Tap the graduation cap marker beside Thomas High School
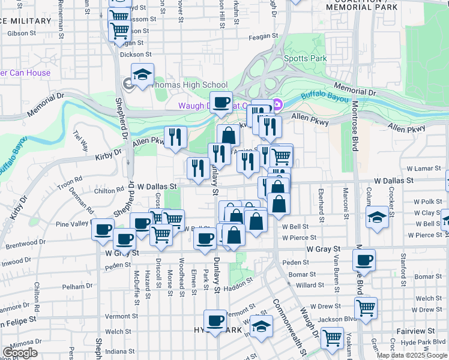[x=143, y=75]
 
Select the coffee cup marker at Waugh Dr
[x=221, y=103]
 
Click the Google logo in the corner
[x=20, y=353]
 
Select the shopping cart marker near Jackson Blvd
[x=366, y=308]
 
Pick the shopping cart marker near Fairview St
[x=331, y=338]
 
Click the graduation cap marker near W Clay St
[x=377, y=217]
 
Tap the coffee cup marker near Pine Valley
[x=103, y=230]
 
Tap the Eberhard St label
[x=321, y=203]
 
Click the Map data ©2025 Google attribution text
[x=411, y=355]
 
